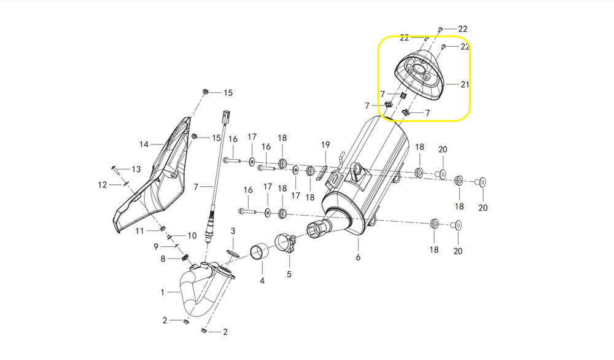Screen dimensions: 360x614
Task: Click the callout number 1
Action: tap(163, 292)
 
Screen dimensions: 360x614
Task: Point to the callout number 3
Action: tap(233, 231)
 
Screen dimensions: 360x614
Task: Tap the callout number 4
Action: tap(262, 281)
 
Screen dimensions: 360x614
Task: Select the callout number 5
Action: tap(289, 274)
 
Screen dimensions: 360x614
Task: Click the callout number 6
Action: tap(357, 258)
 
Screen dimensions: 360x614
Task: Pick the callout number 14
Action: tap(144, 145)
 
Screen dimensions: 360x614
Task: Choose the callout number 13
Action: tap(136, 169)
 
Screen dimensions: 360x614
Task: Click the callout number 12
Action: tap(103, 184)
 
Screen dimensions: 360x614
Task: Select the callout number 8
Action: tap(163, 259)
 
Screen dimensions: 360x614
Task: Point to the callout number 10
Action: tap(192, 235)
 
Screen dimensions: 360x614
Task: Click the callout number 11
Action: tap(140, 231)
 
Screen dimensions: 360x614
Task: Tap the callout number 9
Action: tap(156, 246)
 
